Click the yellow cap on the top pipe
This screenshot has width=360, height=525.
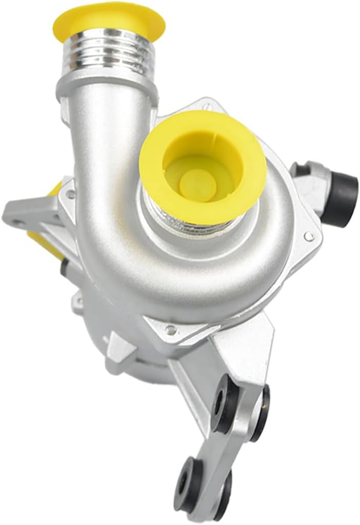tap(108, 21)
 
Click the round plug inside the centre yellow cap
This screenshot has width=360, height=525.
tap(197, 183)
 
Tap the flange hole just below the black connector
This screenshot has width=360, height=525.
tap(309, 236)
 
